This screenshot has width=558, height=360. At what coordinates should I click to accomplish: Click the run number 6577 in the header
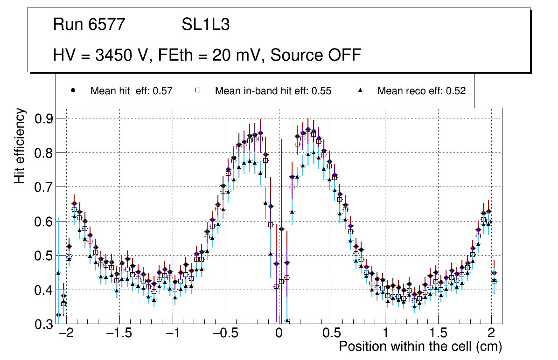click(x=107, y=25)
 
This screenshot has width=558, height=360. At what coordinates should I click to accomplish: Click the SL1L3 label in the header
click(x=205, y=25)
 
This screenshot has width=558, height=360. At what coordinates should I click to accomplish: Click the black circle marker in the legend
click(x=73, y=90)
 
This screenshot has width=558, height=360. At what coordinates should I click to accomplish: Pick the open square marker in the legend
click(x=197, y=90)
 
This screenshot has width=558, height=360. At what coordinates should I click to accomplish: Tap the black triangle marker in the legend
click(x=361, y=90)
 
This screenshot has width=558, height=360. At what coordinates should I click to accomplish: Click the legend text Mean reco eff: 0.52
click(x=421, y=91)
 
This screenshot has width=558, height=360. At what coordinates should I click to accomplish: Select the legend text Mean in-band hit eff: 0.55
click(x=273, y=91)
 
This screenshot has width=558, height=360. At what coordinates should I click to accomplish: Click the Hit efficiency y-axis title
click(x=20, y=145)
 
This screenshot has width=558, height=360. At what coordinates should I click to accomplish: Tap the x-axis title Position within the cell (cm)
click(x=420, y=347)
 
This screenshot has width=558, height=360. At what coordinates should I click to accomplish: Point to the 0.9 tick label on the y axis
click(x=44, y=118)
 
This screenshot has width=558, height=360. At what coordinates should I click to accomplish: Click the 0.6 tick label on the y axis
click(x=44, y=222)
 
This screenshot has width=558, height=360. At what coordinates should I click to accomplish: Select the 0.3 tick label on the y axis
click(x=44, y=324)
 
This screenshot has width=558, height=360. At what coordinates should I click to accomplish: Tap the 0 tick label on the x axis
click(x=279, y=334)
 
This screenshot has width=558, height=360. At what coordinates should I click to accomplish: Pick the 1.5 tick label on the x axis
click(x=438, y=334)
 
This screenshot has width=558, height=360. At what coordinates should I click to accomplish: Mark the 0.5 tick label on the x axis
click(x=332, y=334)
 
